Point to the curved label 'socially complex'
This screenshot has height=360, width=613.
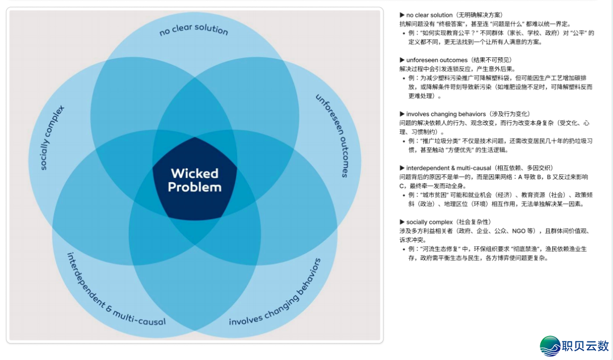pyautogui.click(x=53, y=138)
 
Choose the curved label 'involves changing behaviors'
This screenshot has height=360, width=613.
pyautogui.click(x=275, y=294)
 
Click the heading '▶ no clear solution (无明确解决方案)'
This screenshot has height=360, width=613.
pyautogui.click(x=451, y=15)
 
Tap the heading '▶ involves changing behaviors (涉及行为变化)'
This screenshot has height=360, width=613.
pyautogui.click(x=465, y=114)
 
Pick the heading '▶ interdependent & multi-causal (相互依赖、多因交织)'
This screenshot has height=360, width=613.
pyautogui.click(x=476, y=168)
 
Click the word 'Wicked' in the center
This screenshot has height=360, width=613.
pyautogui.click(x=195, y=173)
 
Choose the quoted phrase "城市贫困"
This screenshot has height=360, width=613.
pyautogui.click(x=436, y=195)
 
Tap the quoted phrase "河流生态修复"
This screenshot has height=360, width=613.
pyautogui.click(x=444, y=249)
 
